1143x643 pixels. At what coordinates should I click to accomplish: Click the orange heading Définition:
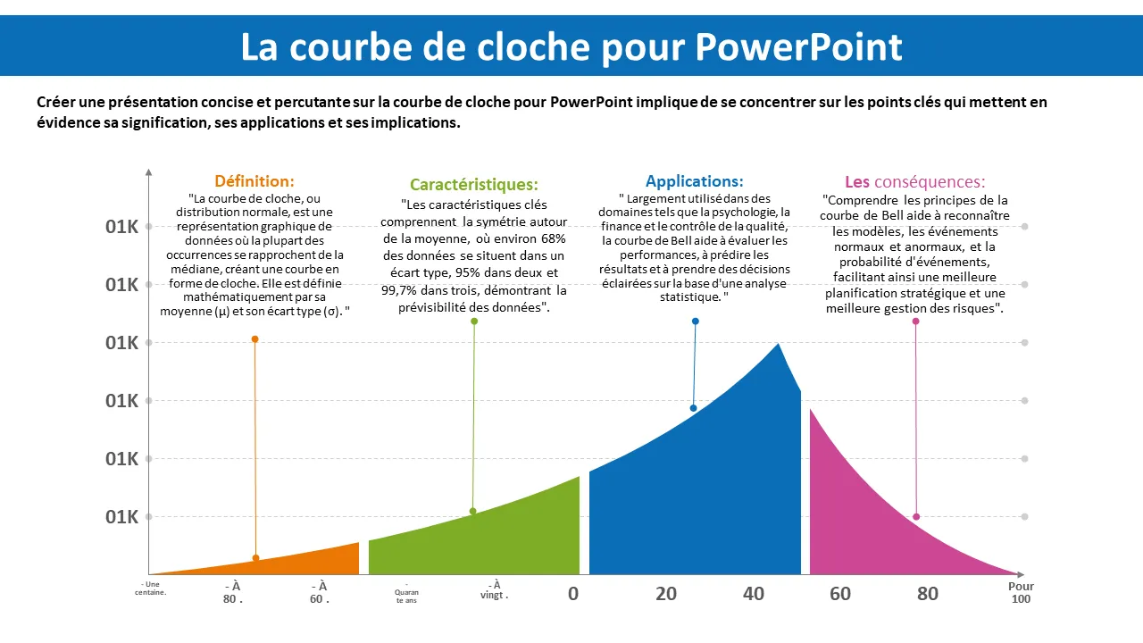pyautogui.click(x=254, y=181)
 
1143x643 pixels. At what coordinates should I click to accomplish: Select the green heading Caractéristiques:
pyautogui.click(x=474, y=185)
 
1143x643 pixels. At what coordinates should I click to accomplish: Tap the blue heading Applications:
pyautogui.click(x=694, y=181)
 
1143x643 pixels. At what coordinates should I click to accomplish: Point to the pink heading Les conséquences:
pyautogui.click(x=914, y=182)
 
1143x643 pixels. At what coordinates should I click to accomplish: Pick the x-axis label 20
pyautogui.click(x=666, y=594)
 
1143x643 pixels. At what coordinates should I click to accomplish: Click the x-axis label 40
pyautogui.click(x=754, y=594)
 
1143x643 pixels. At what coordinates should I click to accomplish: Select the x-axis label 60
pyautogui.click(x=840, y=594)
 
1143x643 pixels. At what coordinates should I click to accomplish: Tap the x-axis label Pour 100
pyautogui.click(x=1021, y=593)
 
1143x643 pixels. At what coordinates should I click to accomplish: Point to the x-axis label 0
pyautogui.click(x=573, y=594)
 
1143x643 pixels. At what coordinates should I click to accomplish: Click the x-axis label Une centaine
pyautogui.click(x=151, y=588)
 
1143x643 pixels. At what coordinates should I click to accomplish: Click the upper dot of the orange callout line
pyautogui.click(x=254, y=339)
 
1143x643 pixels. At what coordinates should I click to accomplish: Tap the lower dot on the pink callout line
pyautogui.click(x=916, y=517)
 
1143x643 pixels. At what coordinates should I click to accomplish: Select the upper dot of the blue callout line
pyautogui.click(x=695, y=321)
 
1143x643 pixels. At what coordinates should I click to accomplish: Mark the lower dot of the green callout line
pyautogui.click(x=472, y=512)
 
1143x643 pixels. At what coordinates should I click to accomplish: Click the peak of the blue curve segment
pyautogui.click(x=778, y=344)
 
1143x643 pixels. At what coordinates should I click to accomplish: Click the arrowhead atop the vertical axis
pyautogui.click(x=149, y=171)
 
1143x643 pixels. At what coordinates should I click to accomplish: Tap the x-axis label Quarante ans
pyautogui.click(x=406, y=595)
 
